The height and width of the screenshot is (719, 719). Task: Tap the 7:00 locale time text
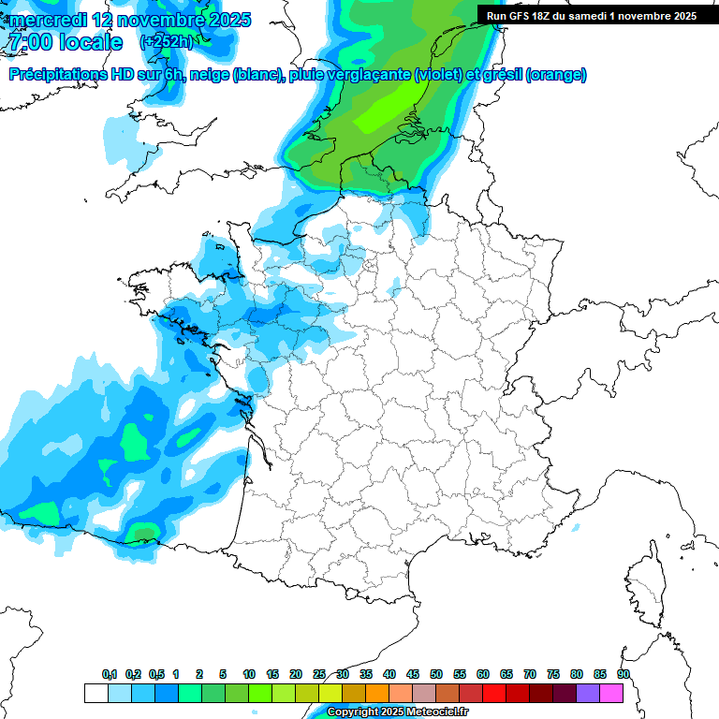coord(65,43)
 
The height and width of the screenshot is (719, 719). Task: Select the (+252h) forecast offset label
coord(167,42)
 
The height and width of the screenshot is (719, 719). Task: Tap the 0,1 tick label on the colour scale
coord(109,674)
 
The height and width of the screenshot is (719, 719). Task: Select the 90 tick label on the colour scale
coord(623,674)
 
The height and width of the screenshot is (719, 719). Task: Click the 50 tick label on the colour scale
coord(436,674)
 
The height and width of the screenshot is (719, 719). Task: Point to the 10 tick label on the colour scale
coord(249,674)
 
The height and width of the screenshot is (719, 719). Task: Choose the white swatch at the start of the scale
coord(96,694)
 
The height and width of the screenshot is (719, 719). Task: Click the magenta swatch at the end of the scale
coord(611,694)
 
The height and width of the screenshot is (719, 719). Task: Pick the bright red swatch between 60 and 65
coord(494,694)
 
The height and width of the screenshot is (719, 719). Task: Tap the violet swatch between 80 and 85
coord(588,694)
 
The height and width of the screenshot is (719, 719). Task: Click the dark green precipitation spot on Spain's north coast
coord(143,535)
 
